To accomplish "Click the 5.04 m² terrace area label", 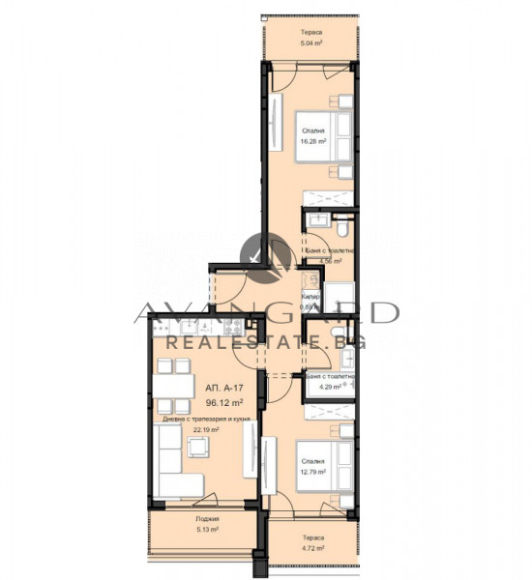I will [311, 43].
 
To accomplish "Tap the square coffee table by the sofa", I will [198, 447].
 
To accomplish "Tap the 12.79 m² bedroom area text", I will [311, 473].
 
